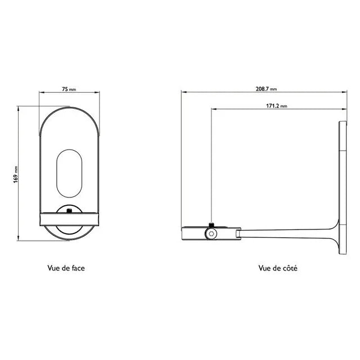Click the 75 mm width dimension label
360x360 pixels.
(69, 89)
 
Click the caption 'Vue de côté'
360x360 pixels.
(278, 268)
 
